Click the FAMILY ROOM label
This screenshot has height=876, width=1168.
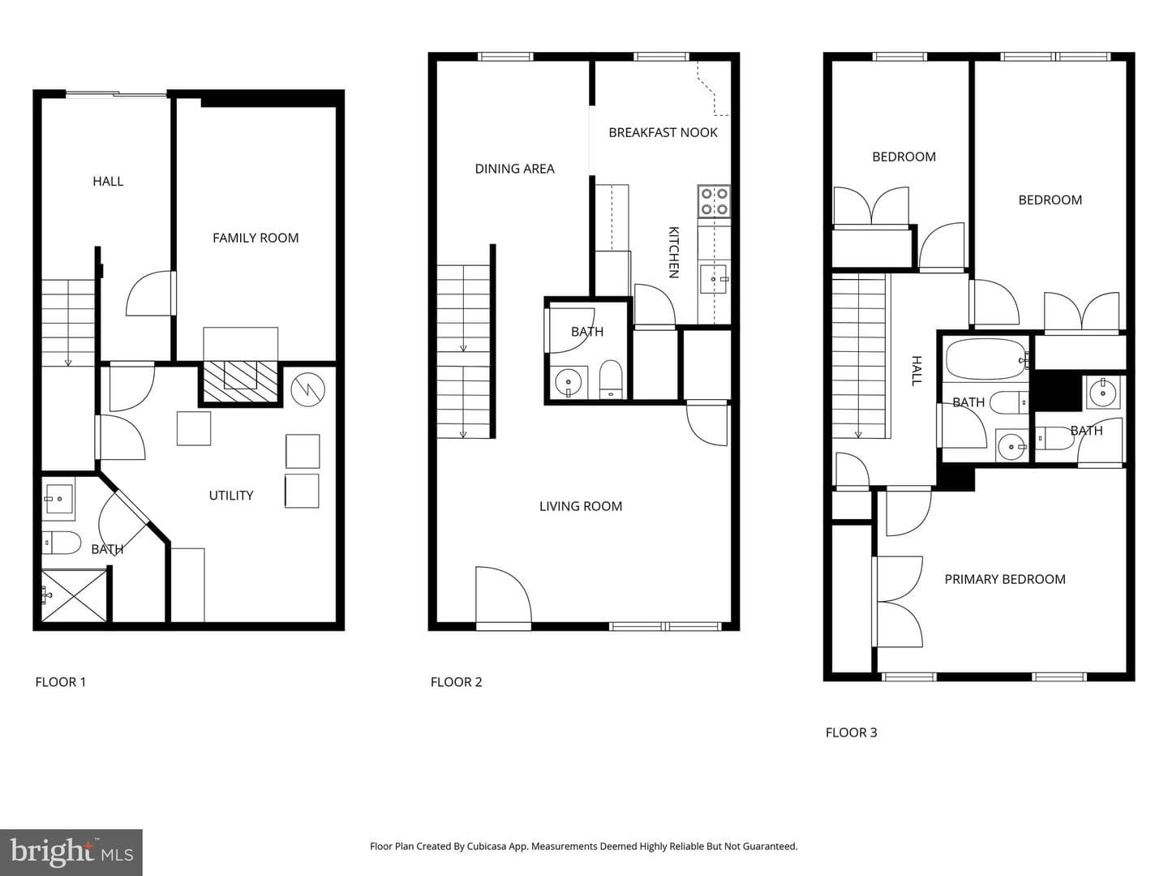pyautogui.click(x=255, y=238)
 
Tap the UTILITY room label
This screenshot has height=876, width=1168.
pyautogui.click(x=231, y=495)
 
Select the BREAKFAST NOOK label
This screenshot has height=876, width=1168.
pyautogui.click(x=663, y=132)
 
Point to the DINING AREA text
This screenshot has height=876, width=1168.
pyautogui.click(x=514, y=169)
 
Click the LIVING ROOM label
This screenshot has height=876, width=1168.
pyautogui.click(x=581, y=506)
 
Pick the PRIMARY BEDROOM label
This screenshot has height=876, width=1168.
pyautogui.click(x=1005, y=579)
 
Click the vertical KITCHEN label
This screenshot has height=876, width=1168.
pyautogui.click(x=674, y=252)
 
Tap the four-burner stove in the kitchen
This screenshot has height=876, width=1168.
pyautogui.click(x=714, y=201)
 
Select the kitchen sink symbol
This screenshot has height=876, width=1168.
pyautogui.click(x=714, y=279)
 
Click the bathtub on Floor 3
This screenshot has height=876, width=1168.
pyautogui.click(x=987, y=359)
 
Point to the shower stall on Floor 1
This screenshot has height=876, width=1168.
pyautogui.click(x=74, y=595)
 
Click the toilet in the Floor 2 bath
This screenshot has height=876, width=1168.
pyautogui.click(x=610, y=380)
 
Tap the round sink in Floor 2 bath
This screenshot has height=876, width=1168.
pyautogui.click(x=569, y=382)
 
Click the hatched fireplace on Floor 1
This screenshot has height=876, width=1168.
pyautogui.click(x=241, y=382)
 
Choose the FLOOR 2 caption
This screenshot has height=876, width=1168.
pyautogui.click(x=456, y=682)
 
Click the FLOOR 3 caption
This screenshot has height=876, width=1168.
pyautogui.click(x=851, y=732)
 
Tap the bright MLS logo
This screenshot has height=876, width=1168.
pyautogui.click(x=71, y=852)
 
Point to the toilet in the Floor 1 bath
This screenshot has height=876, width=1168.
pyautogui.click(x=61, y=543)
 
